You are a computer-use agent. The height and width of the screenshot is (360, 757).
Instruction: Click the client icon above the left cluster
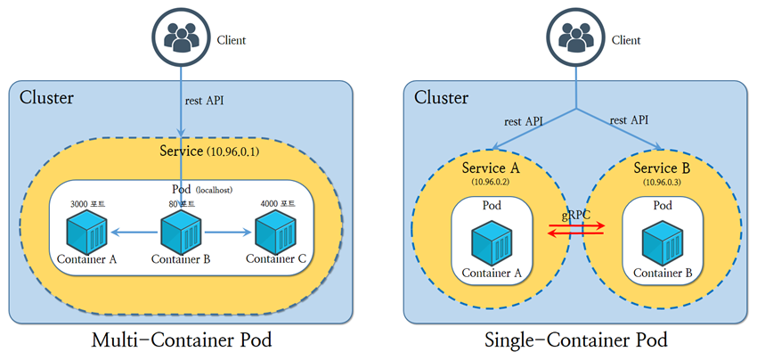183,37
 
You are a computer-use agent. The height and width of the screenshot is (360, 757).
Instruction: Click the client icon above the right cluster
577,37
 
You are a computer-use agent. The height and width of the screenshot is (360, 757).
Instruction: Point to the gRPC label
576,216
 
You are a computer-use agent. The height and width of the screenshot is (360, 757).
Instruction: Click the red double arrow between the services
576,230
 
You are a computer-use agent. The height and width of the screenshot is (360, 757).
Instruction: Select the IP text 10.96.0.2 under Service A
490,181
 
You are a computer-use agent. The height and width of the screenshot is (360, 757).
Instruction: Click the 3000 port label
87,204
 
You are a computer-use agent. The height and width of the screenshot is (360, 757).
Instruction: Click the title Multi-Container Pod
182,341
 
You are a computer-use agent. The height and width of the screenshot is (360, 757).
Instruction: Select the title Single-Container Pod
576,341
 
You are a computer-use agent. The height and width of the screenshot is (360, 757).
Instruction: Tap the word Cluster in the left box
46,97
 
